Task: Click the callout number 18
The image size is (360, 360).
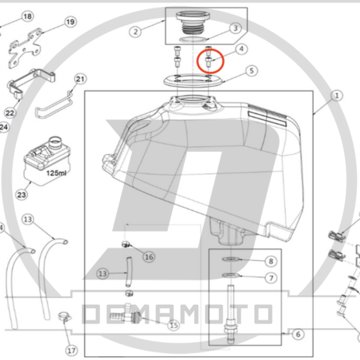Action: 27,16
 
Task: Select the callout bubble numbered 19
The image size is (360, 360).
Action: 70,22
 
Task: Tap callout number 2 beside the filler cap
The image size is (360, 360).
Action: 135,32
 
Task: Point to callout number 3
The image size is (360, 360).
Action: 235,28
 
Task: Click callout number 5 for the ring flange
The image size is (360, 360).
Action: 252,70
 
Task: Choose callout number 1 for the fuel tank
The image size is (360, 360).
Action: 337,96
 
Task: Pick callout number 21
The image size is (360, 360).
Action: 81,79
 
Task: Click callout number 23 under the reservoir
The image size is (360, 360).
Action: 22,194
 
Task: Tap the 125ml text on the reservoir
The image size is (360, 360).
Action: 57,173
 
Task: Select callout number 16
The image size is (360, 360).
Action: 149,257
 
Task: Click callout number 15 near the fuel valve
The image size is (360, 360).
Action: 173,325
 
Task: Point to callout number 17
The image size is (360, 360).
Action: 71,351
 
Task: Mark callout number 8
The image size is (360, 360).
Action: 271,262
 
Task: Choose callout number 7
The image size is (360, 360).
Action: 271,278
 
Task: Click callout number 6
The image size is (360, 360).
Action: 298,334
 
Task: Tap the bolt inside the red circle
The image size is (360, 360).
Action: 209,62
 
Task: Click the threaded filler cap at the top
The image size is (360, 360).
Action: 193,22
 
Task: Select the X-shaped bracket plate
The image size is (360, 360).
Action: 26,48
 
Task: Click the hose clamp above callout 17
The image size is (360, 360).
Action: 64,317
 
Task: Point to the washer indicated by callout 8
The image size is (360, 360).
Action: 231,259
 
